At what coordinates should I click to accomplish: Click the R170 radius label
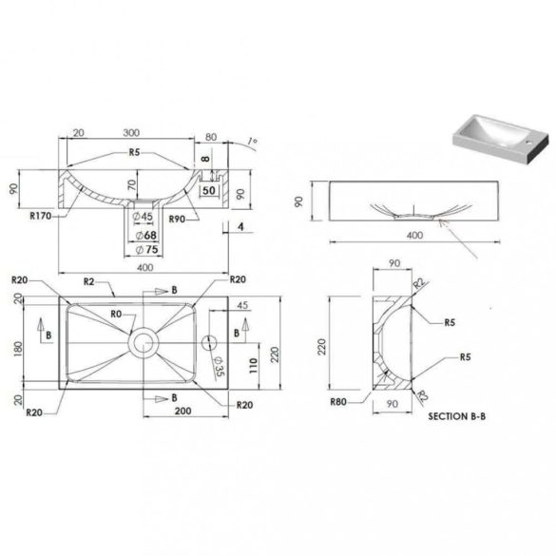pyautogui.click(x=42, y=217)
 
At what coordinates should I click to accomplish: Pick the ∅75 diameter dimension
pyautogui.click(x=145, y=250)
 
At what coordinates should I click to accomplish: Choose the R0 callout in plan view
pyautogui.click(x=116, y=312)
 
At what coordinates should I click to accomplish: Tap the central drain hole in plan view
pyautogui.click(x=144, y=338)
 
